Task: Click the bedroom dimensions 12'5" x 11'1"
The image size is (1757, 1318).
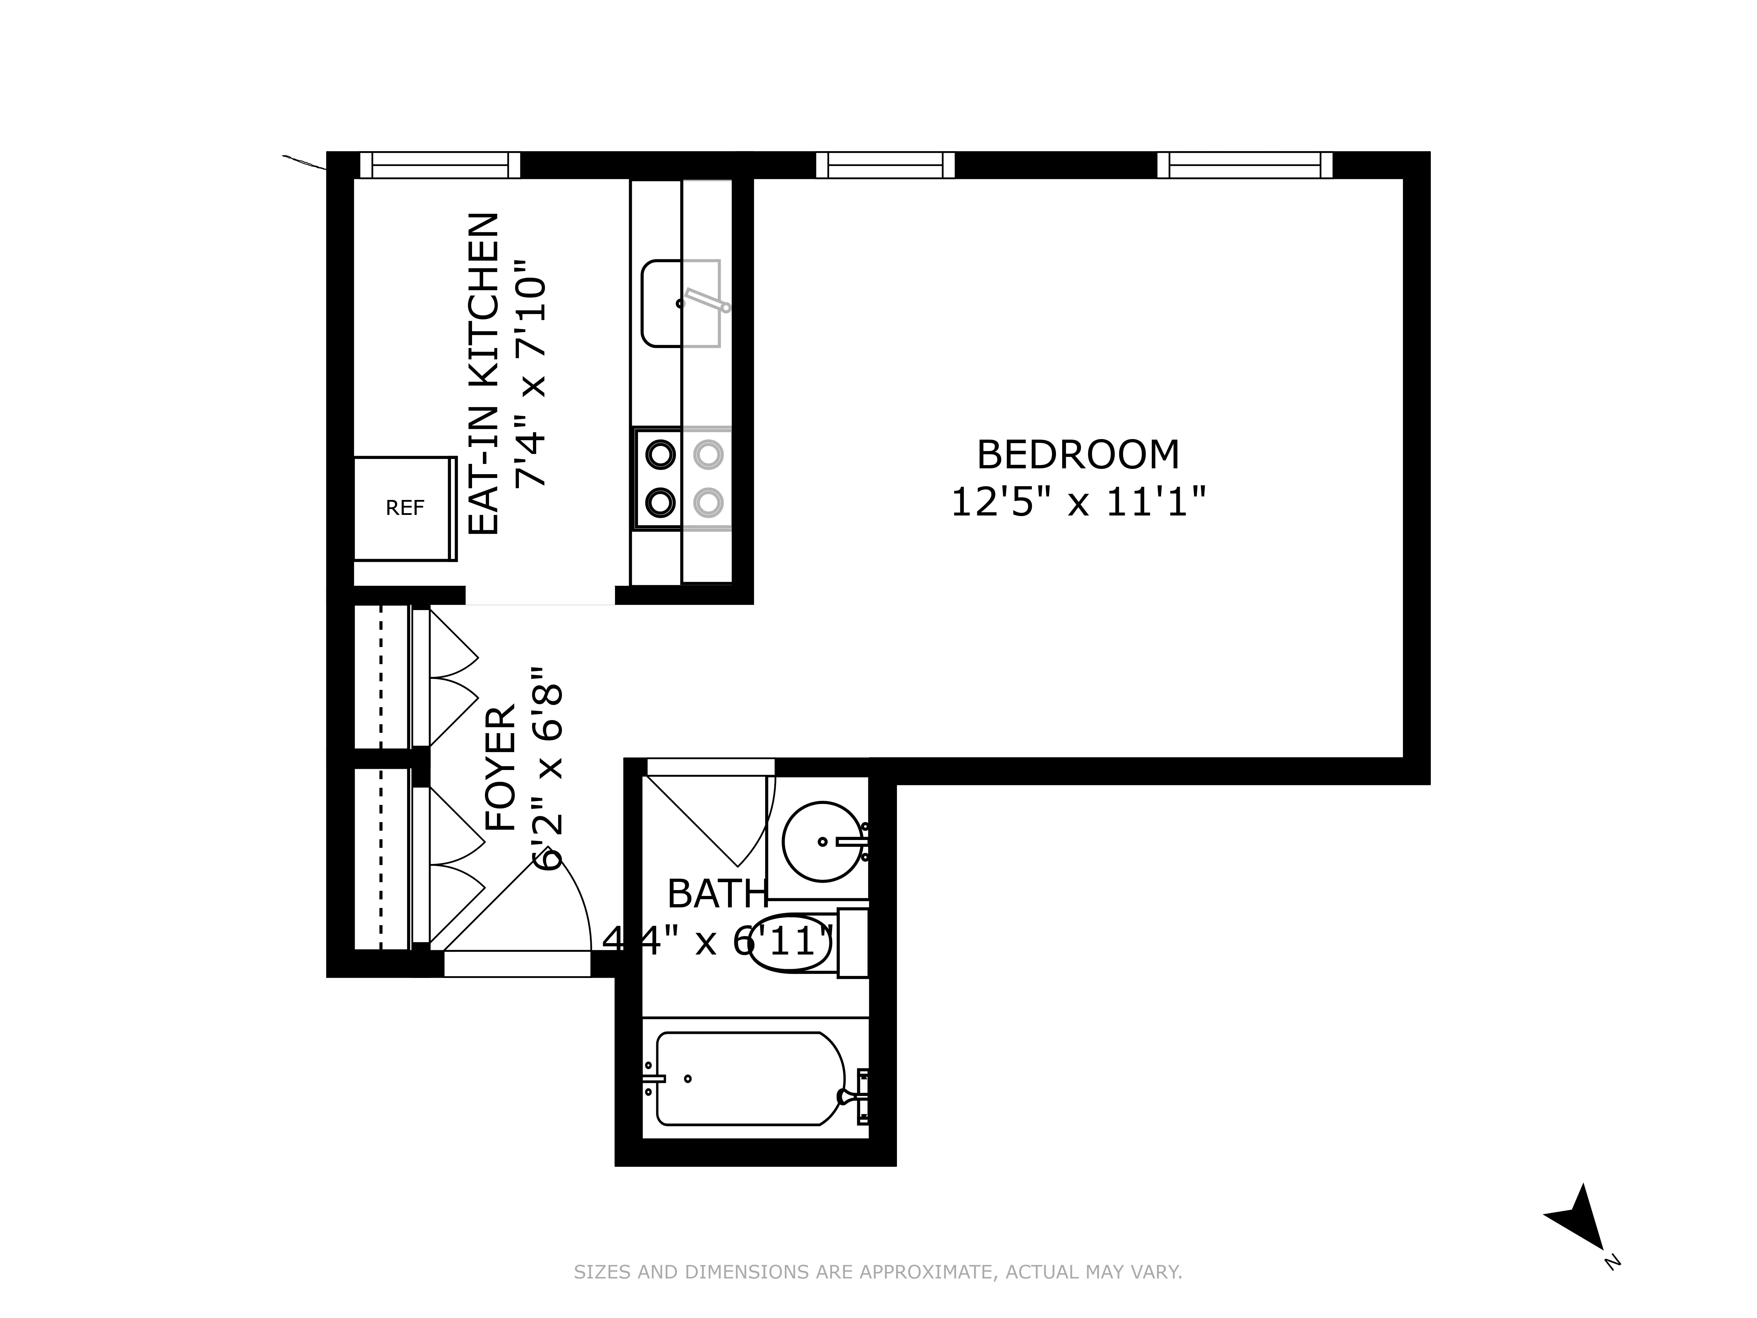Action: click(1078, 502)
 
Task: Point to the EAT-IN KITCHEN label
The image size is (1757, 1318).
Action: click(484, 373)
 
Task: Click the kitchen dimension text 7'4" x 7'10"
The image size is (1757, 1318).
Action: click(531, 373)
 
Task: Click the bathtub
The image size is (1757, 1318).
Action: click(747, 1079)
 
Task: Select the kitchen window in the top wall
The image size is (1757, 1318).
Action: click(440, 165)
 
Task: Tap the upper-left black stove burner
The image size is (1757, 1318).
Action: click(660, 455)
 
